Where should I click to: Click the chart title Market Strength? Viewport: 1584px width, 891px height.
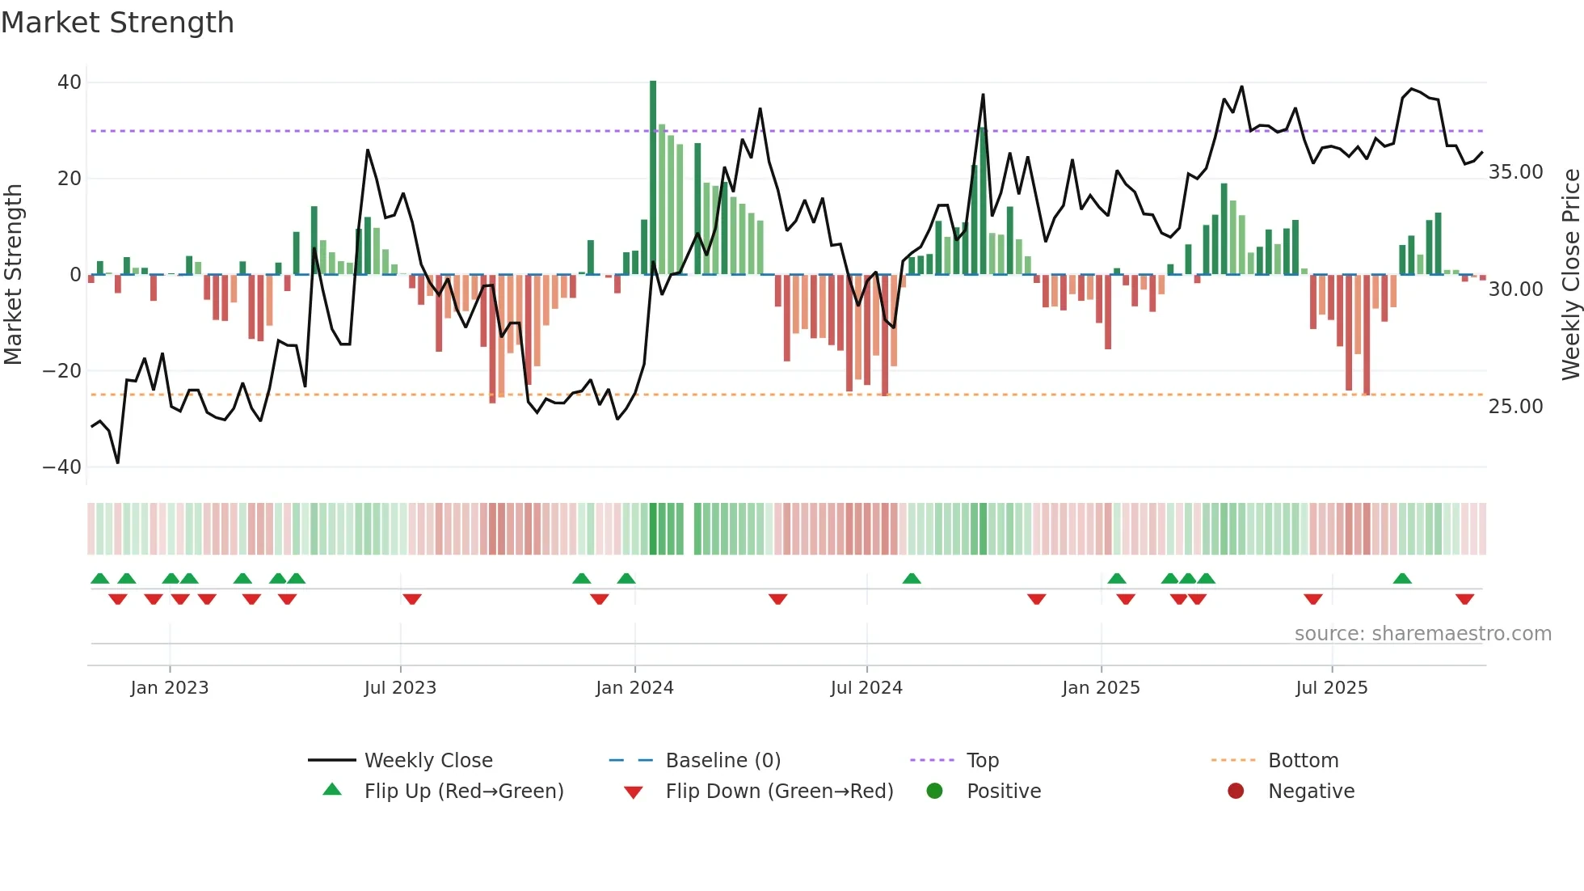tap(117, 23)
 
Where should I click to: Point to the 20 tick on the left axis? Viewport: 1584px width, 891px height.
tap(70, 178)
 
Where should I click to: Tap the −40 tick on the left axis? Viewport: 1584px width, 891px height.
tap(62, 467)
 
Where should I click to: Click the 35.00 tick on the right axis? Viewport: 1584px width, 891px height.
tap(1515, 172)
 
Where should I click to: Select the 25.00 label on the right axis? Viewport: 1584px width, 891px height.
tap(1515, 407)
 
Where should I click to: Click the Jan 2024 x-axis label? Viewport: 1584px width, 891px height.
tap(634, 688)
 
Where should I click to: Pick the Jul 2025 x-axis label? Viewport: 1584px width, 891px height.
tap(1331, 688)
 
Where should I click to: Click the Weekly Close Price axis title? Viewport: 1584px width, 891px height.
tap(1570, 275)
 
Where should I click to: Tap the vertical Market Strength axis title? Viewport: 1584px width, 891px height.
tap(13, 275)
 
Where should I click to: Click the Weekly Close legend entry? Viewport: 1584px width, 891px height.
tap(428, 761)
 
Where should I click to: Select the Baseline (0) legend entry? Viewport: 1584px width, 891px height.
tap(722, 761)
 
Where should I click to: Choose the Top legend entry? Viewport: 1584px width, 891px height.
tap(982, 761)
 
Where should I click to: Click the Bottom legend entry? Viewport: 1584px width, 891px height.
tap(1303, 761)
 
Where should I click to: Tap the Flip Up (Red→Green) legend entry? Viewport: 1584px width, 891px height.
tap(463, 792)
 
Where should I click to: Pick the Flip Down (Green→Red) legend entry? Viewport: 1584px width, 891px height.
tap(779, 792)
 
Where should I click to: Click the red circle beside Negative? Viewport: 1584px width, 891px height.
tap(1236, 792)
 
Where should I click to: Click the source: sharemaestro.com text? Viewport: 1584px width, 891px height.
tap(1422, 634)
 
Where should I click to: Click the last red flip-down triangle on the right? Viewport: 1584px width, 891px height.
tap(1464, 599)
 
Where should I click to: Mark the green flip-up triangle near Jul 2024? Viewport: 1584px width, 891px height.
tap(912, 579)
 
